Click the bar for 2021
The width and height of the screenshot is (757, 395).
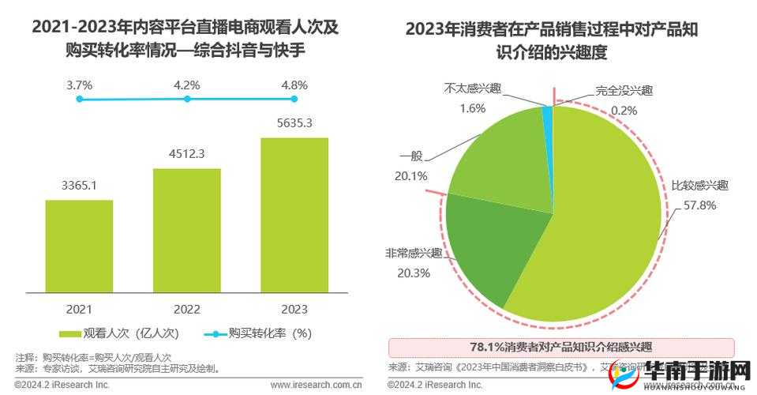click(79, 246)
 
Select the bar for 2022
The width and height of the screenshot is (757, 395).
click(187, 230)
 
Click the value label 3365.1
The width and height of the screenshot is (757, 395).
click(79, 186)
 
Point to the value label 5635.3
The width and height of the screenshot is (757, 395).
click(294, 122)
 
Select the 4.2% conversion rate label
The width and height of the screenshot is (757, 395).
click(187, 85)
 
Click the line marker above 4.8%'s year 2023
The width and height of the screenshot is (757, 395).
click(294, 99)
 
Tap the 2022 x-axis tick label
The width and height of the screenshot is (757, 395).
click(187, 309)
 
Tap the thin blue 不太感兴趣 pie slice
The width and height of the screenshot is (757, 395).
click(547, 116)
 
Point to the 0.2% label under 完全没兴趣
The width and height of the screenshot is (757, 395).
click(624, 110)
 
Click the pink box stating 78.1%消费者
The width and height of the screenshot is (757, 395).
click(561, 347)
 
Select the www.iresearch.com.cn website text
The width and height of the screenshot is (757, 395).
click(316, 385)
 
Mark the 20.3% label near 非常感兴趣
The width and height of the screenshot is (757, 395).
click(407, 273)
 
